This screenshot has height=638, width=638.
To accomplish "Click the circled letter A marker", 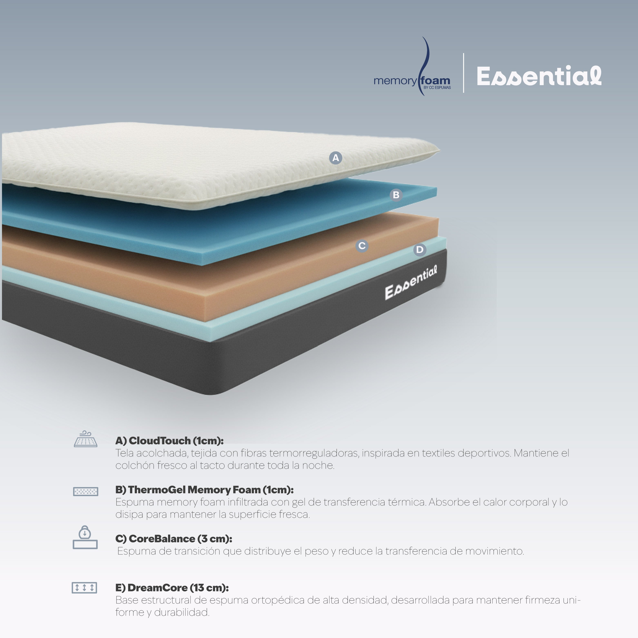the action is point(335,158).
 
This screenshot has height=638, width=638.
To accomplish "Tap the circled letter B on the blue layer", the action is point(396,195).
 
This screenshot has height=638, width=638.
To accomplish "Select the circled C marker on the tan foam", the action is point(362,246).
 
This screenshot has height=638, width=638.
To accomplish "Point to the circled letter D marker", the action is point(420,250).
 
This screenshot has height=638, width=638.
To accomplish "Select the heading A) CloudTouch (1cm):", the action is point(169,441).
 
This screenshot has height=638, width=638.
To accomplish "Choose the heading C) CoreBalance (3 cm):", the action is point(174,539).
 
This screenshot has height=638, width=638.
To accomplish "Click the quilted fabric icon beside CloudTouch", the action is point(86,439).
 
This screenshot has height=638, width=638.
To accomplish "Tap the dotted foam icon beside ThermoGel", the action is point(86,491).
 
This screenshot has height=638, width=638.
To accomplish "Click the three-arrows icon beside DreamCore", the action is point(85,588).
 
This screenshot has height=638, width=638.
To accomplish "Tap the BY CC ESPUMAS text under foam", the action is point(437,88).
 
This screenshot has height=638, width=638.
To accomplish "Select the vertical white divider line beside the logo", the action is point(464,73).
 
